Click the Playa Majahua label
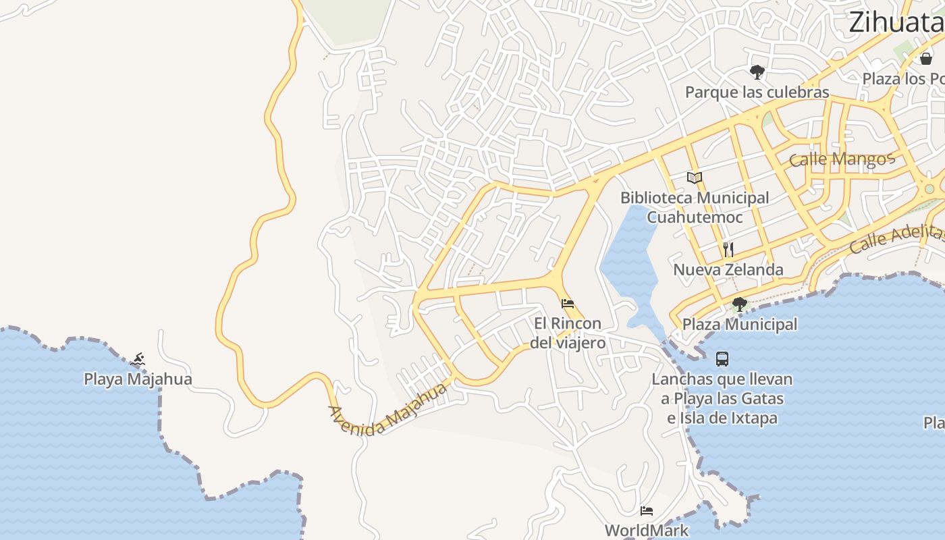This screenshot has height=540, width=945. [x=138, y=379]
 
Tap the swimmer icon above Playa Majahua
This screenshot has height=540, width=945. [x=138, y=358]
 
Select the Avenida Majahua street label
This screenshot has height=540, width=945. [x=389, y=410]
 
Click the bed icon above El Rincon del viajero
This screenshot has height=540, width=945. [x=568, y=304]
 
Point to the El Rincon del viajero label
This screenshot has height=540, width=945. [x=567, y=333]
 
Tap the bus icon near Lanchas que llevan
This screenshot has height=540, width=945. [x=722, y=358]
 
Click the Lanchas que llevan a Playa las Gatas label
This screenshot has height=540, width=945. [x=722, y=398]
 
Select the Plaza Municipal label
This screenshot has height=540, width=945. [x=739, y=325]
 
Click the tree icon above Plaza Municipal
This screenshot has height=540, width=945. [x=739, y=304]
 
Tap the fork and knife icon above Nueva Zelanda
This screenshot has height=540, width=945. [x=728, y=250]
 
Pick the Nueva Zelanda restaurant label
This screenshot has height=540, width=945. [x=728, y=270]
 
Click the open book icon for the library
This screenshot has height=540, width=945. [x=695, y=178]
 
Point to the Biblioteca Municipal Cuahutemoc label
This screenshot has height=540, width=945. [x=695, y=207]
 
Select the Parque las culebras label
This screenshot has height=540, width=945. [x=757, y=92]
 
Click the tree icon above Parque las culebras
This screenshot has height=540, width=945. [x=757, y=72]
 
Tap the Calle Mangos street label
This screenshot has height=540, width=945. [x=841, y=159]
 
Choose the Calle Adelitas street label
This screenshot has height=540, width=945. [x=896, y=238]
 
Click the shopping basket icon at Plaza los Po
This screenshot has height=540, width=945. [x=926, y=59]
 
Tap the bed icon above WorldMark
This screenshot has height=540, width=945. [x=647, y=511]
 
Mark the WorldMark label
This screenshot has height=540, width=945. [x=647, y=531]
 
